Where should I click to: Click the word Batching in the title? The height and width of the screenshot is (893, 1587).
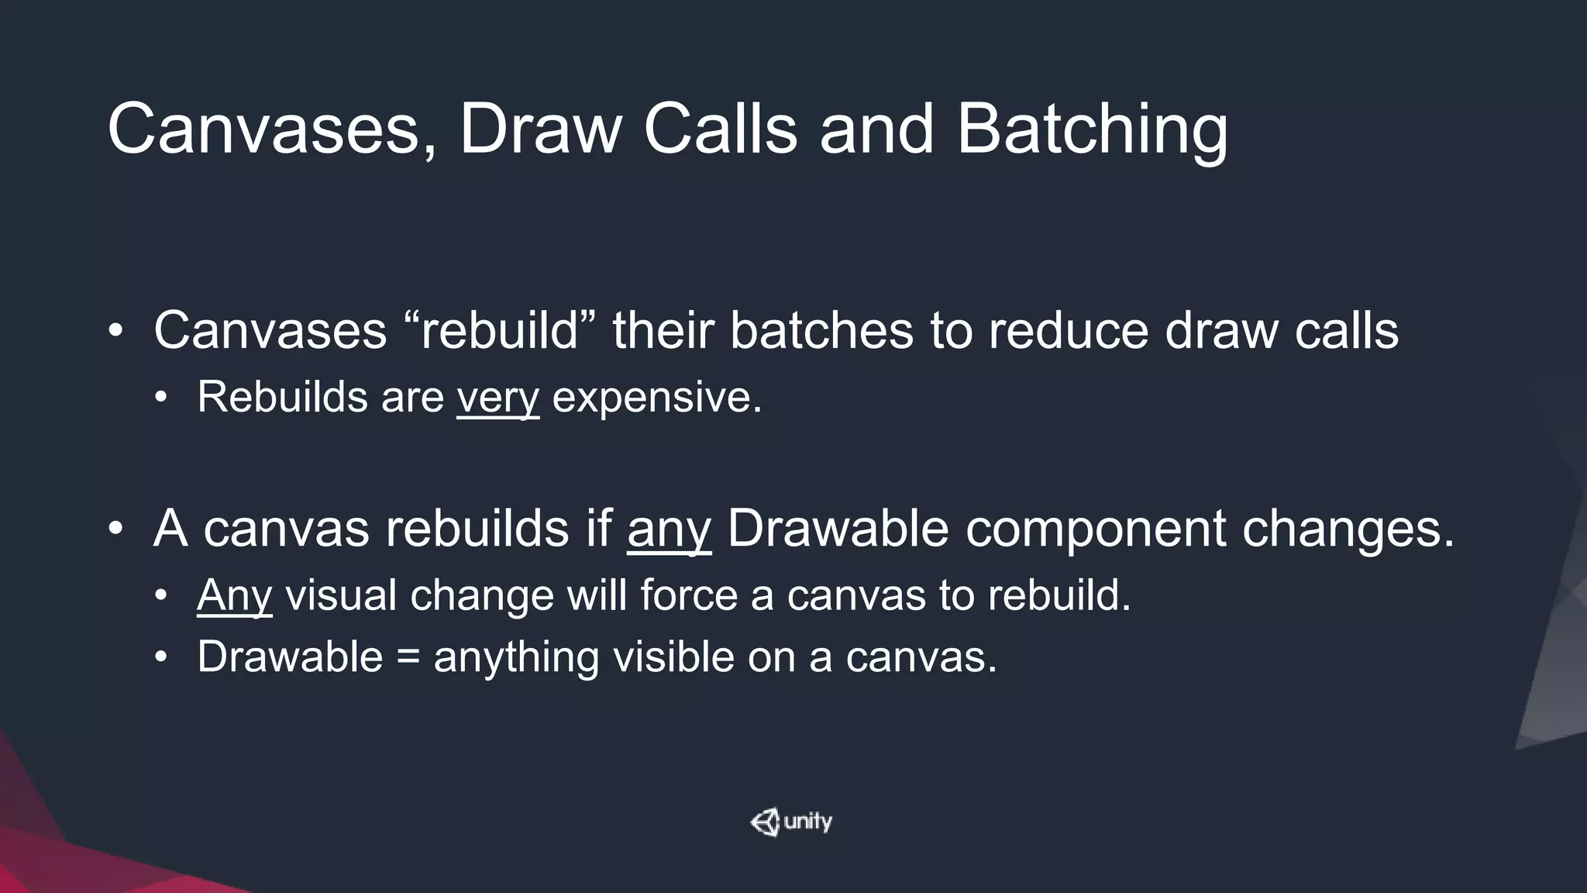pos(1091,129)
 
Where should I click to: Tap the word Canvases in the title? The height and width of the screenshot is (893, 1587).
pos(263,129)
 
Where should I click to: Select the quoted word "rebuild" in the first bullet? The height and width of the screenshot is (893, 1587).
pos(501,331)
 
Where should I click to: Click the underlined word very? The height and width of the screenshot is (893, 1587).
pos(497,398)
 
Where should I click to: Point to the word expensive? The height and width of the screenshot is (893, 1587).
pos(656,398)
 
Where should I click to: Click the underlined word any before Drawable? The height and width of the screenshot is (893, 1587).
pos(669,529)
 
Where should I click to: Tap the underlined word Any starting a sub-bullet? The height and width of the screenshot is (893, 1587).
pos(234,596)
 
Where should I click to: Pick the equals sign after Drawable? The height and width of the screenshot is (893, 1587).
pos(408,658)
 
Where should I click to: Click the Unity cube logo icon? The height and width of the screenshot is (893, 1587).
pos(765,822)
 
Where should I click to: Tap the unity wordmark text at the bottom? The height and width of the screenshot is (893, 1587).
pos(807,822)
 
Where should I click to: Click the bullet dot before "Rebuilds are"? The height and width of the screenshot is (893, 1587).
pos(160,398)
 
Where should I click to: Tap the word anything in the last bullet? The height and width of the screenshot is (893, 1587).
pos(516,658)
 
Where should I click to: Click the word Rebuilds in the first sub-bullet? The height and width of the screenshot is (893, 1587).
pos(282,398)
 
